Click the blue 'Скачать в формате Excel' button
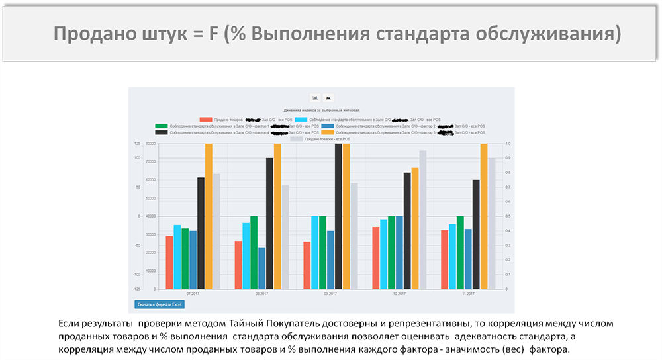pyautogui.click(x=159, y=304)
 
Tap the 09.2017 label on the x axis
pyautogui.click(x=330, y=293)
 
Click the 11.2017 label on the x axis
pyautogui.click(x=468, y=293)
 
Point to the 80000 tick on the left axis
pyautogui.click(x=150, y=144)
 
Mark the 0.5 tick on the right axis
pyautogui.click(x=508, y=216)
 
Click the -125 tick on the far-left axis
pyautogui.click(x=136, y=289)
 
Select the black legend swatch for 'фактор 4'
pyautogui.click(x=162, y=132)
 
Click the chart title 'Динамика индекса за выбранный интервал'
pyautogui.click(x=321, y=110)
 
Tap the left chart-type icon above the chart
pyautogui.click(x=315, y=97)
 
